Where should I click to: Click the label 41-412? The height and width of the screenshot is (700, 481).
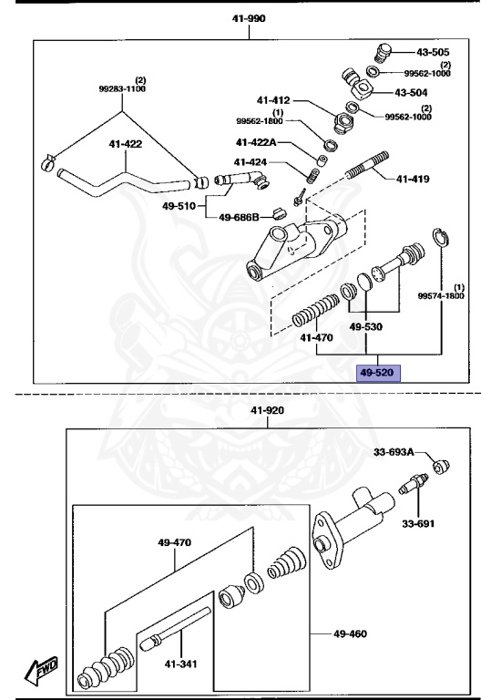273,100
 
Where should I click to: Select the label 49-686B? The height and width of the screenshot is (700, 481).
240,217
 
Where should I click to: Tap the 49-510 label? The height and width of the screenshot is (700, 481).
179,205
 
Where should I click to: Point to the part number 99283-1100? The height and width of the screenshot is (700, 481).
121,90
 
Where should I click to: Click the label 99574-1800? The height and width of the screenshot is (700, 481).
441,295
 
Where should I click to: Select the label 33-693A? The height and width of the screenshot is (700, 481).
394,451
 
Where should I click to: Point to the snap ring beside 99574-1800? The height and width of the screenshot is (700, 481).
440,238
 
